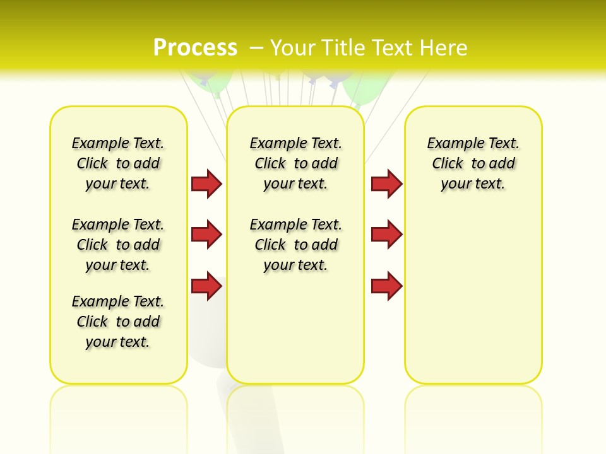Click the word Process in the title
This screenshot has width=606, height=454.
tap(195, 47)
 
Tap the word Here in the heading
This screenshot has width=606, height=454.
tap(444, 47)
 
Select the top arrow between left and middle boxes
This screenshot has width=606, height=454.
tap(206, 183)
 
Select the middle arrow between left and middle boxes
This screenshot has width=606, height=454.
tap(206, 235)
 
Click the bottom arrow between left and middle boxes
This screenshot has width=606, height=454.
tap(206, 286)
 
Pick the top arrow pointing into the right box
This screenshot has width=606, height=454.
tap(386, 183)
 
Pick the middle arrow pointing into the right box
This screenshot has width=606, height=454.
tap(386, 235)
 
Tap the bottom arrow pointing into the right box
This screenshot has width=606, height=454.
tap(386, 286)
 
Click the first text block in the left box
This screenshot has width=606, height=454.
tap(118, 163)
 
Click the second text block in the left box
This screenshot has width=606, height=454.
tap(118, 245)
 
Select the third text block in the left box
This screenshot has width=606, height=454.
tap(118, 322)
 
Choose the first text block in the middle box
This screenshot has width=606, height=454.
tap(295, 163)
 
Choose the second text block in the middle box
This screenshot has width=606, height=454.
tap(295, 245)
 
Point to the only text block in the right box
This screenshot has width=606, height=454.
tap(473, 163)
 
